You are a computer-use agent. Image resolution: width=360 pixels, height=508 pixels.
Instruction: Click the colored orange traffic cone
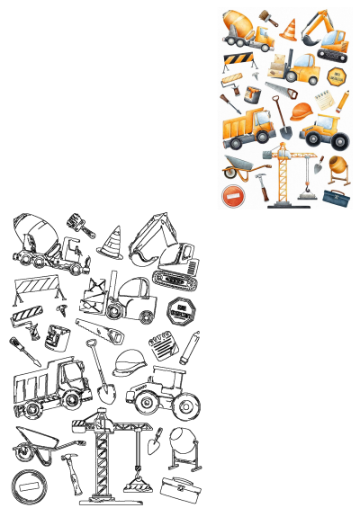pos(289,29)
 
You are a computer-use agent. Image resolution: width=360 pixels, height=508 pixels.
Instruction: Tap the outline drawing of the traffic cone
pos(111,242)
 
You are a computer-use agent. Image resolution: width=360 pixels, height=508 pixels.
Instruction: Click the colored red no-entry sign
pos(232,195)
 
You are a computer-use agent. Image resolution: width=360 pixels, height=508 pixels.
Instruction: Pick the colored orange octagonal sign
pos(337,76)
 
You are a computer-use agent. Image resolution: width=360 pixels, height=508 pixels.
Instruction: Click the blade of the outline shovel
pos(103,393)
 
